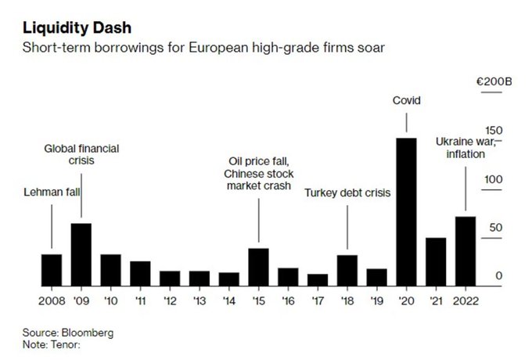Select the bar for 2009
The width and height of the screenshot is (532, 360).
pos(81,254)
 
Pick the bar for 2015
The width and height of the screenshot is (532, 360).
pos(258,267)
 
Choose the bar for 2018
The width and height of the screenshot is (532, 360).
pos(347,270)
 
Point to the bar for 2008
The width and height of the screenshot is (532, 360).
pos(52,270)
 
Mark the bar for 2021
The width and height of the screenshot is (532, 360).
pos(436,261)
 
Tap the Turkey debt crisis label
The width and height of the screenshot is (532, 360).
pos(347,192)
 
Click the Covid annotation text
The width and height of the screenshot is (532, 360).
pos(405,99)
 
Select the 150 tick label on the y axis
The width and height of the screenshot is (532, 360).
pos(493,131)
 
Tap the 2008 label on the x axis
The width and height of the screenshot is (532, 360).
pos(52,299)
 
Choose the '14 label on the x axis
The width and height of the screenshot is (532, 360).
pos(228,299)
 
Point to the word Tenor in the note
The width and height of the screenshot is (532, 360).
pos(64,344)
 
